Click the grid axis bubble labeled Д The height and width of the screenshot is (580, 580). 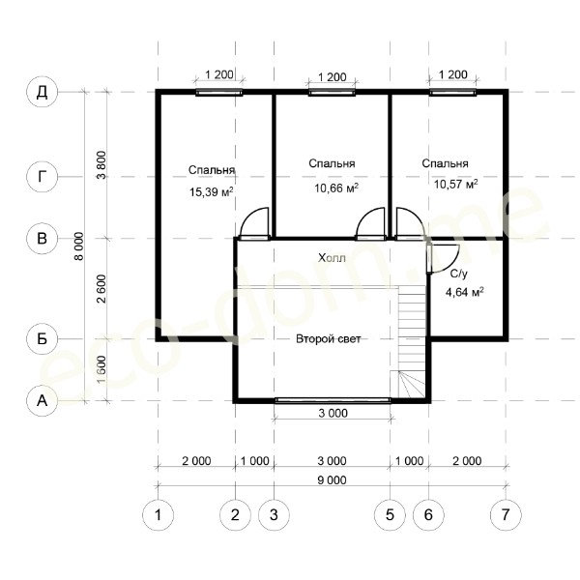(43, 92)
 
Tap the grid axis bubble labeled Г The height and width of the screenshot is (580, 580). (43, 177)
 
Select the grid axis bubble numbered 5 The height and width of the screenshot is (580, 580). (390, 514)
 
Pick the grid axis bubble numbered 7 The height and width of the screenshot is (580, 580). (506, 514)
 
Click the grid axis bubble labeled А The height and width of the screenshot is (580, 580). (43, 400)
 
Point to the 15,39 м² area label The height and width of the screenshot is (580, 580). (211, 192)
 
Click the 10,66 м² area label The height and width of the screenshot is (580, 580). (336, 188)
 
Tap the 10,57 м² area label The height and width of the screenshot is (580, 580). (455, 184)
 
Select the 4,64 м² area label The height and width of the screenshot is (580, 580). (465, 293)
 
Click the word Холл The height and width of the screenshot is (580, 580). (332, 258)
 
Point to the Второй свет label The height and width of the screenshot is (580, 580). (329, 339)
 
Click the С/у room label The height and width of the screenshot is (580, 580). (458, 274)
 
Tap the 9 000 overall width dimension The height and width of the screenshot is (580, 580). (333, 480)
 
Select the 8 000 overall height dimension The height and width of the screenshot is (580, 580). (79, 246)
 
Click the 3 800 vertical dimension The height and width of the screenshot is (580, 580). (101, 165)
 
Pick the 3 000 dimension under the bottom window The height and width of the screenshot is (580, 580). (333, 413)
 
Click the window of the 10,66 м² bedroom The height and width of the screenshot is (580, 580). (332, 93)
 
